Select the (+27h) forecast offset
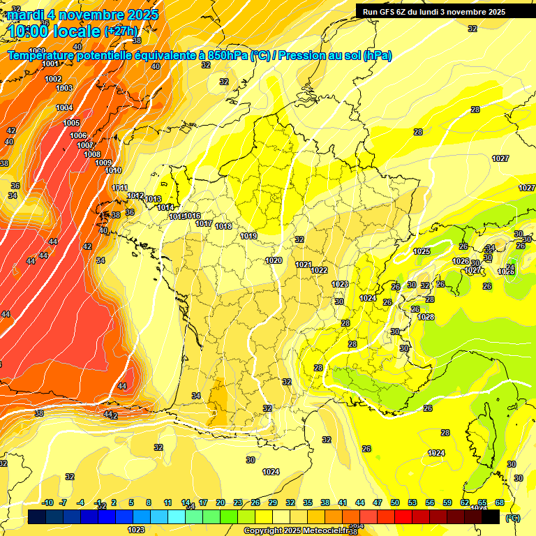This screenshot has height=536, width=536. coord(120,31)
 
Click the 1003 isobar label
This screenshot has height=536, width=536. coord(64,88)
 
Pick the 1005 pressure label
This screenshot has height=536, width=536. coord(71,123)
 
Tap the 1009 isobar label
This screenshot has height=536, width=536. coord(103,163)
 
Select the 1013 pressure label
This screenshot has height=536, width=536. coord(154,199)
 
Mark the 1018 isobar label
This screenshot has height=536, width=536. coord(223,226)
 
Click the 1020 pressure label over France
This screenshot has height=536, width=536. coord(274,260)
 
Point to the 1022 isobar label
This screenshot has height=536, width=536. coord(320,270)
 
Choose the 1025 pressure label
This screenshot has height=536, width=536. coord(422,251)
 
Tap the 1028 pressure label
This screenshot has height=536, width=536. coord(426,317)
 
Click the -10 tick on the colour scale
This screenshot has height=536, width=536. coord(48,502)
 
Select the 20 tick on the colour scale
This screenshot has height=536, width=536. coord(221,502)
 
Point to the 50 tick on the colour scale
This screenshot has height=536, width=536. coord(395,502)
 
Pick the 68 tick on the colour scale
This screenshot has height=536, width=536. coord(500,502)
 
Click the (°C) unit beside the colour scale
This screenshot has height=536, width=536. coord(513,518)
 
